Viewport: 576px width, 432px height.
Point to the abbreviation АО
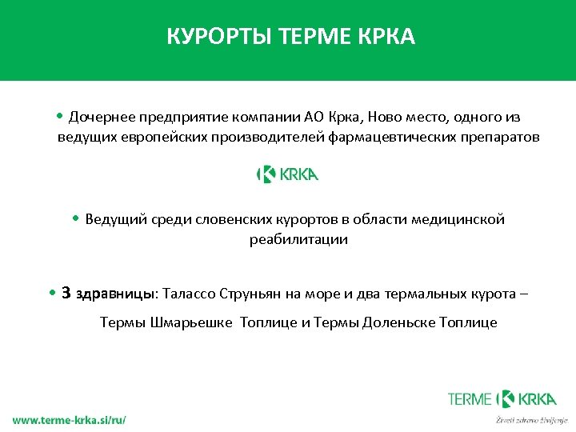[315, 118]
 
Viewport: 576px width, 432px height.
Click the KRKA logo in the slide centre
[287, 174]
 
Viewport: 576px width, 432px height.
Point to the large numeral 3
[66, 293]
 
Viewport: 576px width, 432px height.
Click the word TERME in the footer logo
[471, 398]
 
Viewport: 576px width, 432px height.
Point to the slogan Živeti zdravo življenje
[531, 419]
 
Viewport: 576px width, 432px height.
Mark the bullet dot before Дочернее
[61, 117]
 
